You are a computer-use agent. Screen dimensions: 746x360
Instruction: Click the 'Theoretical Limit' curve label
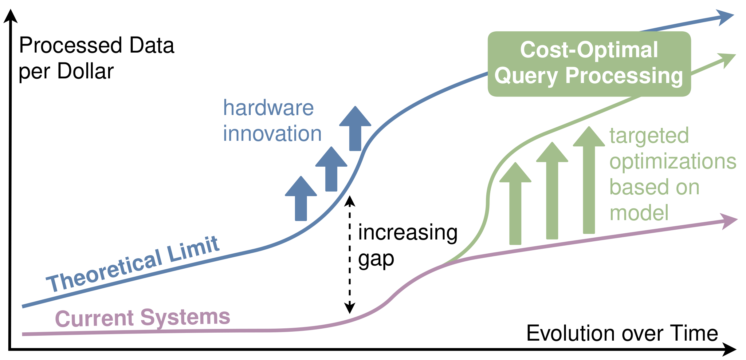coord(133,264)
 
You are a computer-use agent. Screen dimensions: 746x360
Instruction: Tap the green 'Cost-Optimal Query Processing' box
coord(589,64)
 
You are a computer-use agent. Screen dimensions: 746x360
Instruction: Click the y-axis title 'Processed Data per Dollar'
coord(97,58)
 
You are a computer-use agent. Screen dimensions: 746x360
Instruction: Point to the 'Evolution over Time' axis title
coord(622,333)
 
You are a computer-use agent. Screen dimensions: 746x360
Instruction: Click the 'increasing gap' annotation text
coord(408,246)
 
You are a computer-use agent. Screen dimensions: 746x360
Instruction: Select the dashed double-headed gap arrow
coord(350,254)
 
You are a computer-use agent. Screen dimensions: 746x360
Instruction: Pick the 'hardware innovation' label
coord(272,121)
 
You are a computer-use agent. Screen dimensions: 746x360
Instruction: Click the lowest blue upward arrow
coord(301,199)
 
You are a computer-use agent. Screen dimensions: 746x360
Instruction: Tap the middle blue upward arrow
coord(331,169)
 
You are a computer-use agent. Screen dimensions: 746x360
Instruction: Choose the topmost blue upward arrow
coord(355,129)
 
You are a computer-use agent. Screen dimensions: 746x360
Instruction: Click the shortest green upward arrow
coord(515,204)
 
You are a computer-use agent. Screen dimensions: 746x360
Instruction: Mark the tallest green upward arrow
coord(589,180)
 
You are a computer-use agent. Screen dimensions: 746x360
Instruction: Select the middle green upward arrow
coord(552,191)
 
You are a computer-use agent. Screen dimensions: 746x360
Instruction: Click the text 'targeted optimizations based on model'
coord(673,174)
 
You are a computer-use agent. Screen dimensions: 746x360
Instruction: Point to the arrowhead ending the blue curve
coord(725,17)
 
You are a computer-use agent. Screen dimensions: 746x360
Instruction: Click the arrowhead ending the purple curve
coord(729,221)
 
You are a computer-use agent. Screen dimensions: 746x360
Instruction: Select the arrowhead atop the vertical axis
coord(10,16)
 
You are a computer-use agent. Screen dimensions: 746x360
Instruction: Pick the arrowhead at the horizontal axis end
coord(729,350)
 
